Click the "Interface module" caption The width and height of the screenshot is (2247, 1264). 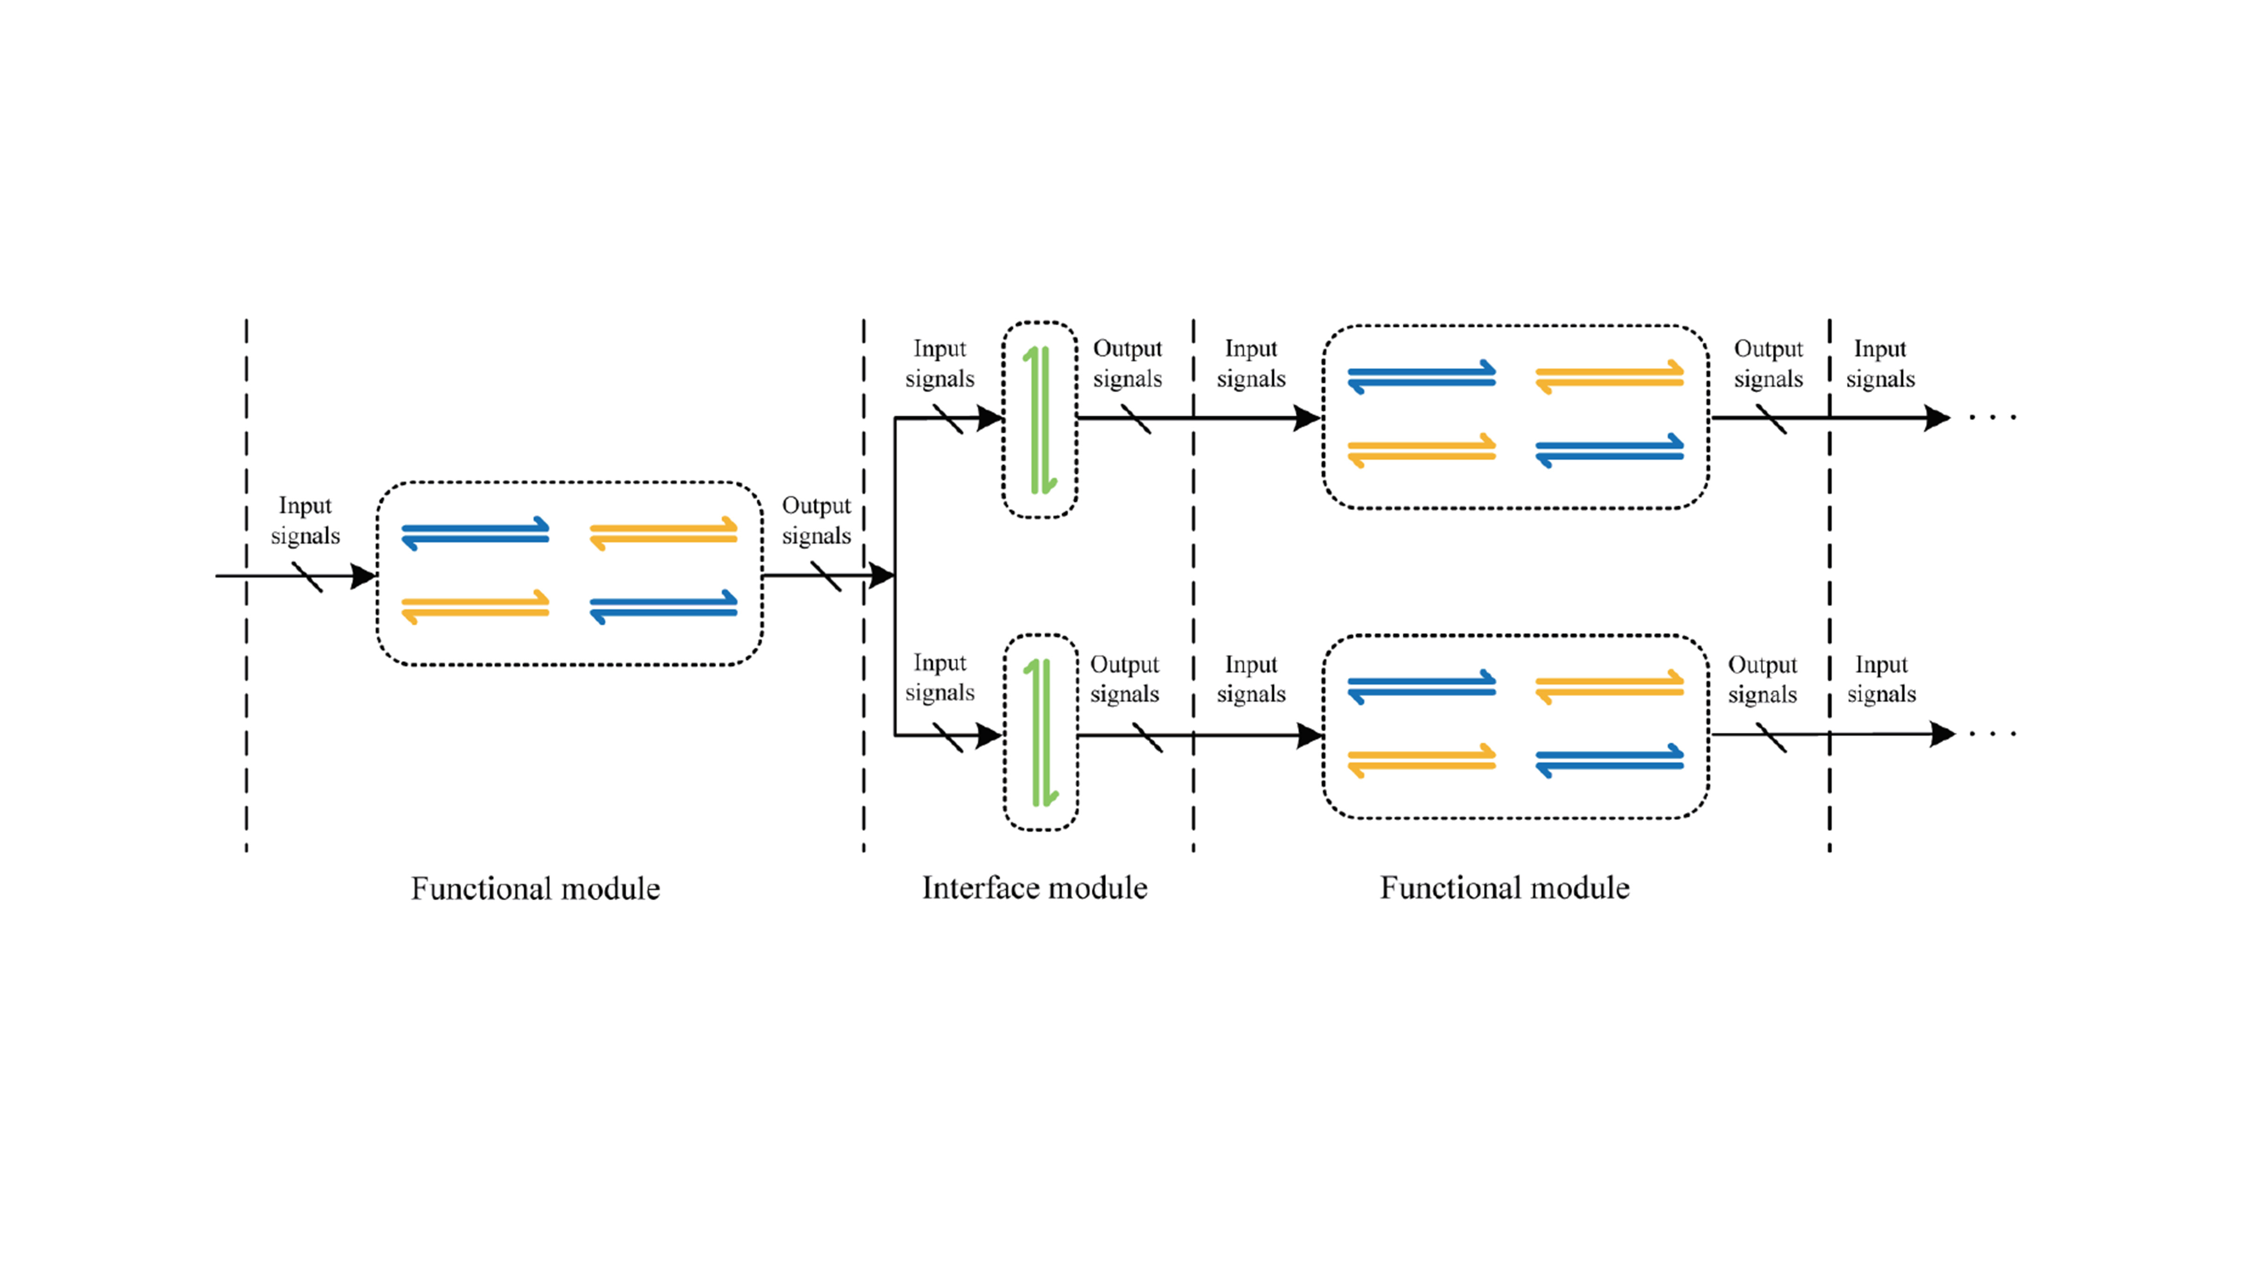point(1035,888)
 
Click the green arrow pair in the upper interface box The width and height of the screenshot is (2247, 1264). point(1040,419)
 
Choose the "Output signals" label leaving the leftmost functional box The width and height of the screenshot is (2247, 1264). point(815,520)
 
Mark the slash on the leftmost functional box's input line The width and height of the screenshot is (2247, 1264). point(307,577)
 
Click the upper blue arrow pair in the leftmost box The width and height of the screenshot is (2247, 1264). point(476,533)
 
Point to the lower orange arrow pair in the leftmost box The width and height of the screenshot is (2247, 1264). point(476,607)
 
